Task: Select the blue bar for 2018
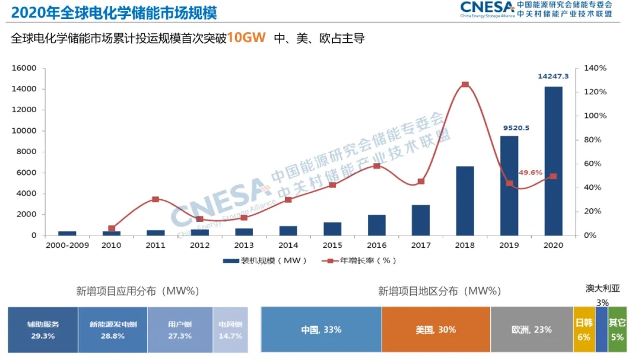[465, 201]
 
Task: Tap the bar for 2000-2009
[67, 233]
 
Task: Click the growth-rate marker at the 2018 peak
[465, 85]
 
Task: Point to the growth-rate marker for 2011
[156, 199]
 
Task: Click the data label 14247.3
[553, 77]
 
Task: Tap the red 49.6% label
[531, 173]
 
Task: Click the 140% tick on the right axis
[595, 68]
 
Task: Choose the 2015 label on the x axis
[332, 245]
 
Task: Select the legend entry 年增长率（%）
[358, 260]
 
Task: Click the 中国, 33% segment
[321, 330]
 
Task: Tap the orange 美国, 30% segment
[436, 330]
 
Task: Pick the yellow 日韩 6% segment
[583, 330]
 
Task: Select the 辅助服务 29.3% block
[43, 330]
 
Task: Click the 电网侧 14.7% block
[230, 330]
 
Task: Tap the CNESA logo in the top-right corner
[487, 8]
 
